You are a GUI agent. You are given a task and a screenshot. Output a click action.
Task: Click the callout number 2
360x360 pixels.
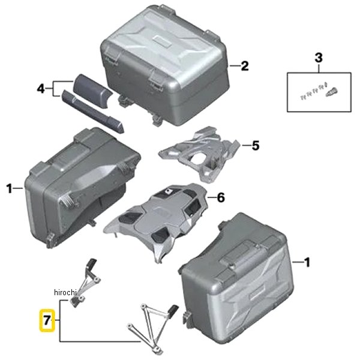(x=245, y=66)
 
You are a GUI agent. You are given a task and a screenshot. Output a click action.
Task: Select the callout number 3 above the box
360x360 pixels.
(x=319, y=58)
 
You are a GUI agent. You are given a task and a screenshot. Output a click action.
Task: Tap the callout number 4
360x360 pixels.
(x=41, y=89)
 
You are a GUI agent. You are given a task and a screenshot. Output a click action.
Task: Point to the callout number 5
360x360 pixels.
(x=256, y=146)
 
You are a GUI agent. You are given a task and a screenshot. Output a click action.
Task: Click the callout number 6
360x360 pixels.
(x=221, y=197)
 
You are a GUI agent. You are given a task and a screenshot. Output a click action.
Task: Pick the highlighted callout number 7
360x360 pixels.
(x=47, y=320)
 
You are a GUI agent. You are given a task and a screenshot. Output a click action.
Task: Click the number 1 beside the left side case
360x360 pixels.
(x=9, y=188)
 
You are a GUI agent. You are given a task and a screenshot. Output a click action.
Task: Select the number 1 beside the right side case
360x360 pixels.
(x=307, y=262)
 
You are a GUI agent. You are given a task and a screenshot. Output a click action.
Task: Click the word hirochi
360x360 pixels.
(x=65, y=292)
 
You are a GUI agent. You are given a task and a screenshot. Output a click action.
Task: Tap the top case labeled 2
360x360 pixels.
(x=165, y=67)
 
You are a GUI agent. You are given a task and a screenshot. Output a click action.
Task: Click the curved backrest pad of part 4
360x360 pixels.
(x=92, y=90)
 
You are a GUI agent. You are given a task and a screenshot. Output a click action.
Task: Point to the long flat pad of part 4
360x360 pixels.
(x=92, y=111)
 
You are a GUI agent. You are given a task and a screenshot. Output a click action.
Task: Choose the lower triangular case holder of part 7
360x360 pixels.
(x=153, y=327)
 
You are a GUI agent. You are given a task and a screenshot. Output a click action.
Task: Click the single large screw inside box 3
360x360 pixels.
(x=331, y=92)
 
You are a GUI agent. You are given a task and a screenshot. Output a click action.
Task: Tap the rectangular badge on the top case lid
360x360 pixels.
(x=162, y=41)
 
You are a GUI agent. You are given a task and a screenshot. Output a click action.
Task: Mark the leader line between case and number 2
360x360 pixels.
(x=234, y=66)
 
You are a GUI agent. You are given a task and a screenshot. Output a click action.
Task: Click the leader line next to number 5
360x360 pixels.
(x=246, y=145)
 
